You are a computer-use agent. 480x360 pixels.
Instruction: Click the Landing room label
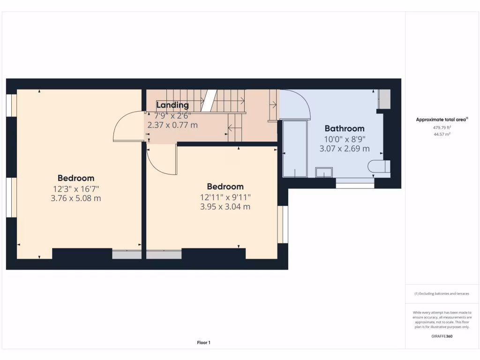coord(172,105)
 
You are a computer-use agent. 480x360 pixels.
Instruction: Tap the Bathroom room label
coord(345,128)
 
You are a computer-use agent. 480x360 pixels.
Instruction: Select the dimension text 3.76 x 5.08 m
coord(76,198)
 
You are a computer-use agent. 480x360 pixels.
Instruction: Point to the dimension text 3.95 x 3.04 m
coord(225,207)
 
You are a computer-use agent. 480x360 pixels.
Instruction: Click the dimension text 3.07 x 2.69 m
coord(345,149)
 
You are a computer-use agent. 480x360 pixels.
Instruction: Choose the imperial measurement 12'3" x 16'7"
coord(76,188)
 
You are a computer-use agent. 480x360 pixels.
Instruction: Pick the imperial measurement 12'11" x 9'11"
coord(225,197)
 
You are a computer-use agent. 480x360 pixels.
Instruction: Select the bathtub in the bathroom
coord(295,149)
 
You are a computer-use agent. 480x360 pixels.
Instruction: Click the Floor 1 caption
coord(203,343)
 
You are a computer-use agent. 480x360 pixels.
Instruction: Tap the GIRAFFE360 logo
coord(442,336)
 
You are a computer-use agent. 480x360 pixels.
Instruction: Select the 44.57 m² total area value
coord(442,135)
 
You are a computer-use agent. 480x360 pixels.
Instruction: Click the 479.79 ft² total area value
coord(442,127)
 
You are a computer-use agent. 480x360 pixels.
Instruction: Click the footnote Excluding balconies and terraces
coord(442,294)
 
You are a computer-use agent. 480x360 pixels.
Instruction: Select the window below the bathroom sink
coord(355,185)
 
